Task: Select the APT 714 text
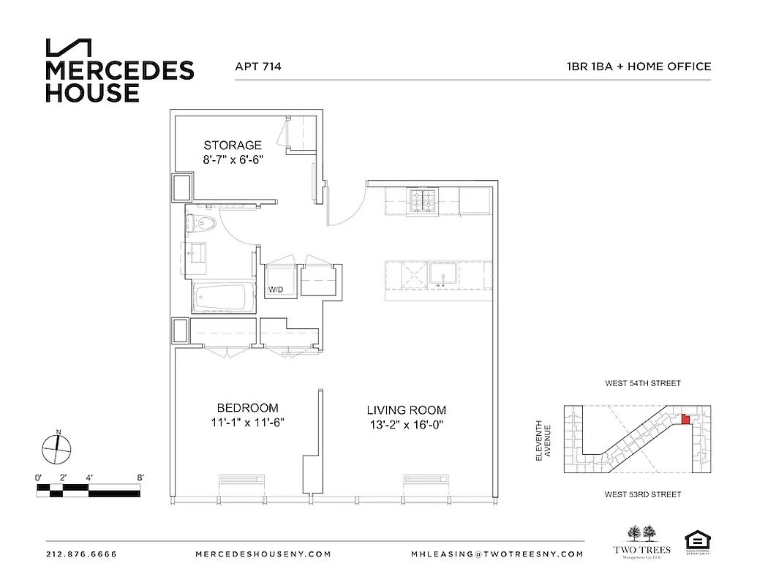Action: [x=258, y=67]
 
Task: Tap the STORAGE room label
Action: [x=233, y=146]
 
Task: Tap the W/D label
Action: [x=276, y=290]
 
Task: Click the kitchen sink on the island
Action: [x=442, y=275]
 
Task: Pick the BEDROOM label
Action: [x=247, y=408]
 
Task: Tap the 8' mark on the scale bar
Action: [x=139, y=477]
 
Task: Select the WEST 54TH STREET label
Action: [x=642, y=383]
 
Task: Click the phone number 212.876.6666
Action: [x=80, y=554]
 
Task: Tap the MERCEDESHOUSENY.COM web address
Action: [x=263, y=554]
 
